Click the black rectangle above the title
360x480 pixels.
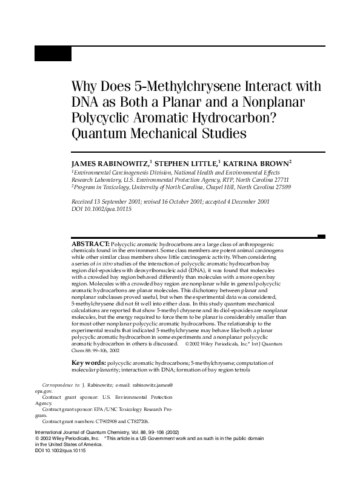[53, 54]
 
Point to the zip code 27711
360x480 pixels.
[279, 180]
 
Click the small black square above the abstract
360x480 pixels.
[321, 237]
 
